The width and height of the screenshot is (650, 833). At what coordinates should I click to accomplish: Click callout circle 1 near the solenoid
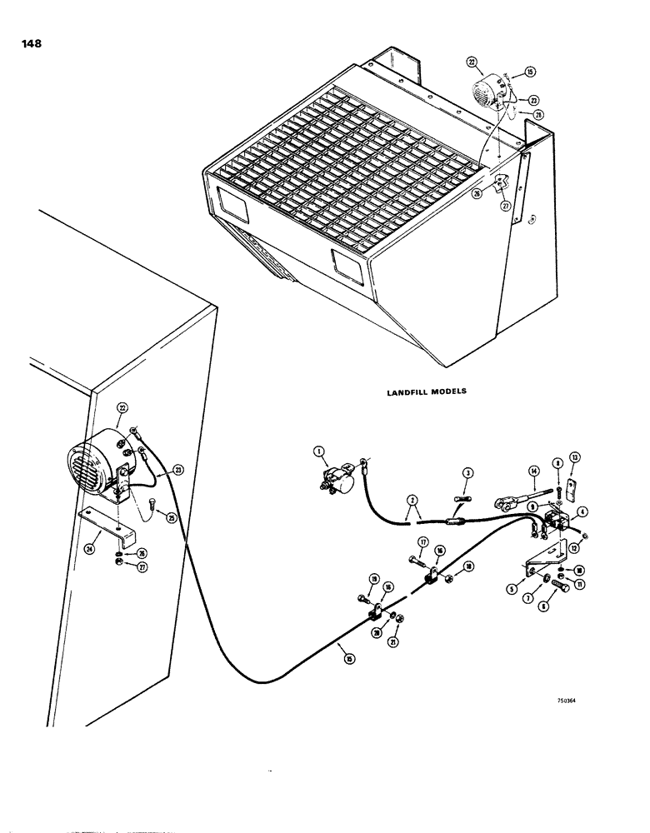click(x=317, y=451)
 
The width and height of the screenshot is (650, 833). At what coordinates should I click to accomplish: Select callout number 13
click(x=575, y=456)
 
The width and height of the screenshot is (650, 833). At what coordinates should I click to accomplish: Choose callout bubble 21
click(x=397, y=618)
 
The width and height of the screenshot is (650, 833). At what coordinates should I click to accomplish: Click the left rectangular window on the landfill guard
click(x=233, y=203)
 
